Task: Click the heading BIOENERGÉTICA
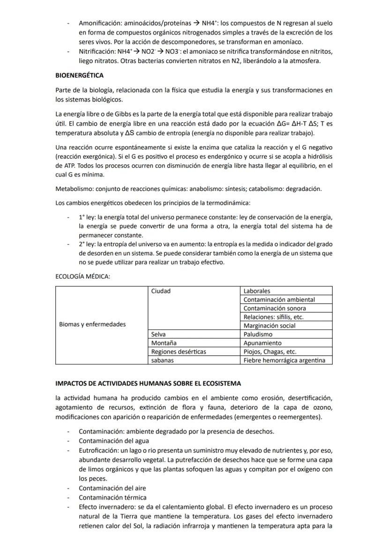coord(79,75)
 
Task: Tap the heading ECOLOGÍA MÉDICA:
coord(82,277)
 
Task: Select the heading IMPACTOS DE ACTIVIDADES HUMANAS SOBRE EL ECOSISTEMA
coord(148,383)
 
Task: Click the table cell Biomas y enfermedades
coord(92,324)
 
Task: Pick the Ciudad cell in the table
coord(161,291)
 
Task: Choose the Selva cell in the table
coord(159,335)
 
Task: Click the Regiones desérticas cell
coord(178,352)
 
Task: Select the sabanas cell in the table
coord(162,360)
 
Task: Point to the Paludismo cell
coord(258,335)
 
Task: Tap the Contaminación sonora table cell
coord(275,308)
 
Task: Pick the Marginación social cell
coord(269,326)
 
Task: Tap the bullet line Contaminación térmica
coord(112,497)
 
